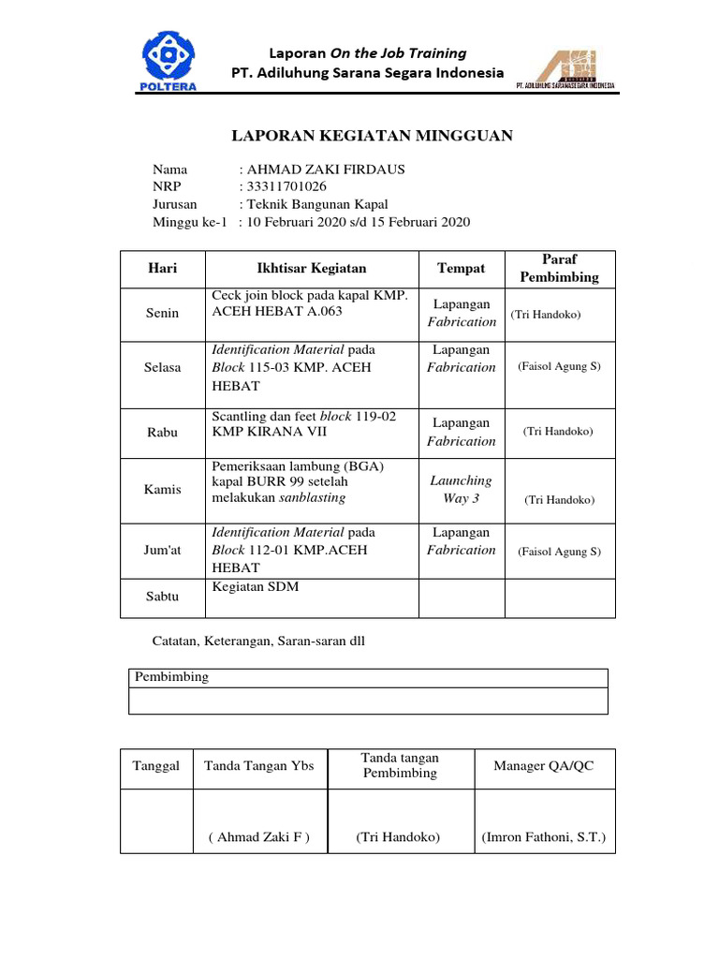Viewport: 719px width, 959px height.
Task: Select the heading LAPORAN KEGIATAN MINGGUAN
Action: coord(372,137)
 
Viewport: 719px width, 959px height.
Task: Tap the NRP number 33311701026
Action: coord(286,186)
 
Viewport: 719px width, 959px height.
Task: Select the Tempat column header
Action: coord(462,269)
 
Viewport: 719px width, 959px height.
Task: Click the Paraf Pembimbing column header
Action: coord(560,268)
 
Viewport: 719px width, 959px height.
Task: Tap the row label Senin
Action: coord(163,314)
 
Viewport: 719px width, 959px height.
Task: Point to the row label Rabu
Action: coord(163,433)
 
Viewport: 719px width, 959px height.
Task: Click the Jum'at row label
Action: coord(163,551)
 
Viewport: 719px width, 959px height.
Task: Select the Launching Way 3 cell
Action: coord(462,489)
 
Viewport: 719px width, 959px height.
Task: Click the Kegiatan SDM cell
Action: coord(256,587)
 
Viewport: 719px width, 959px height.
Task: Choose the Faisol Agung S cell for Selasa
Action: coord(559,366)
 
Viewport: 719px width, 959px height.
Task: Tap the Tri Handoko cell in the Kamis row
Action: coord(560,500)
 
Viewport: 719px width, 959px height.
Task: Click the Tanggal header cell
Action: coord(156,766)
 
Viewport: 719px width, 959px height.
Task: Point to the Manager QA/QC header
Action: coord(544,766)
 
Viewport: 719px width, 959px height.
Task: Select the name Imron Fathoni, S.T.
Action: coord(544,837)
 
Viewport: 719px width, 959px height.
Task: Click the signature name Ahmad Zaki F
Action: coord(259,837)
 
